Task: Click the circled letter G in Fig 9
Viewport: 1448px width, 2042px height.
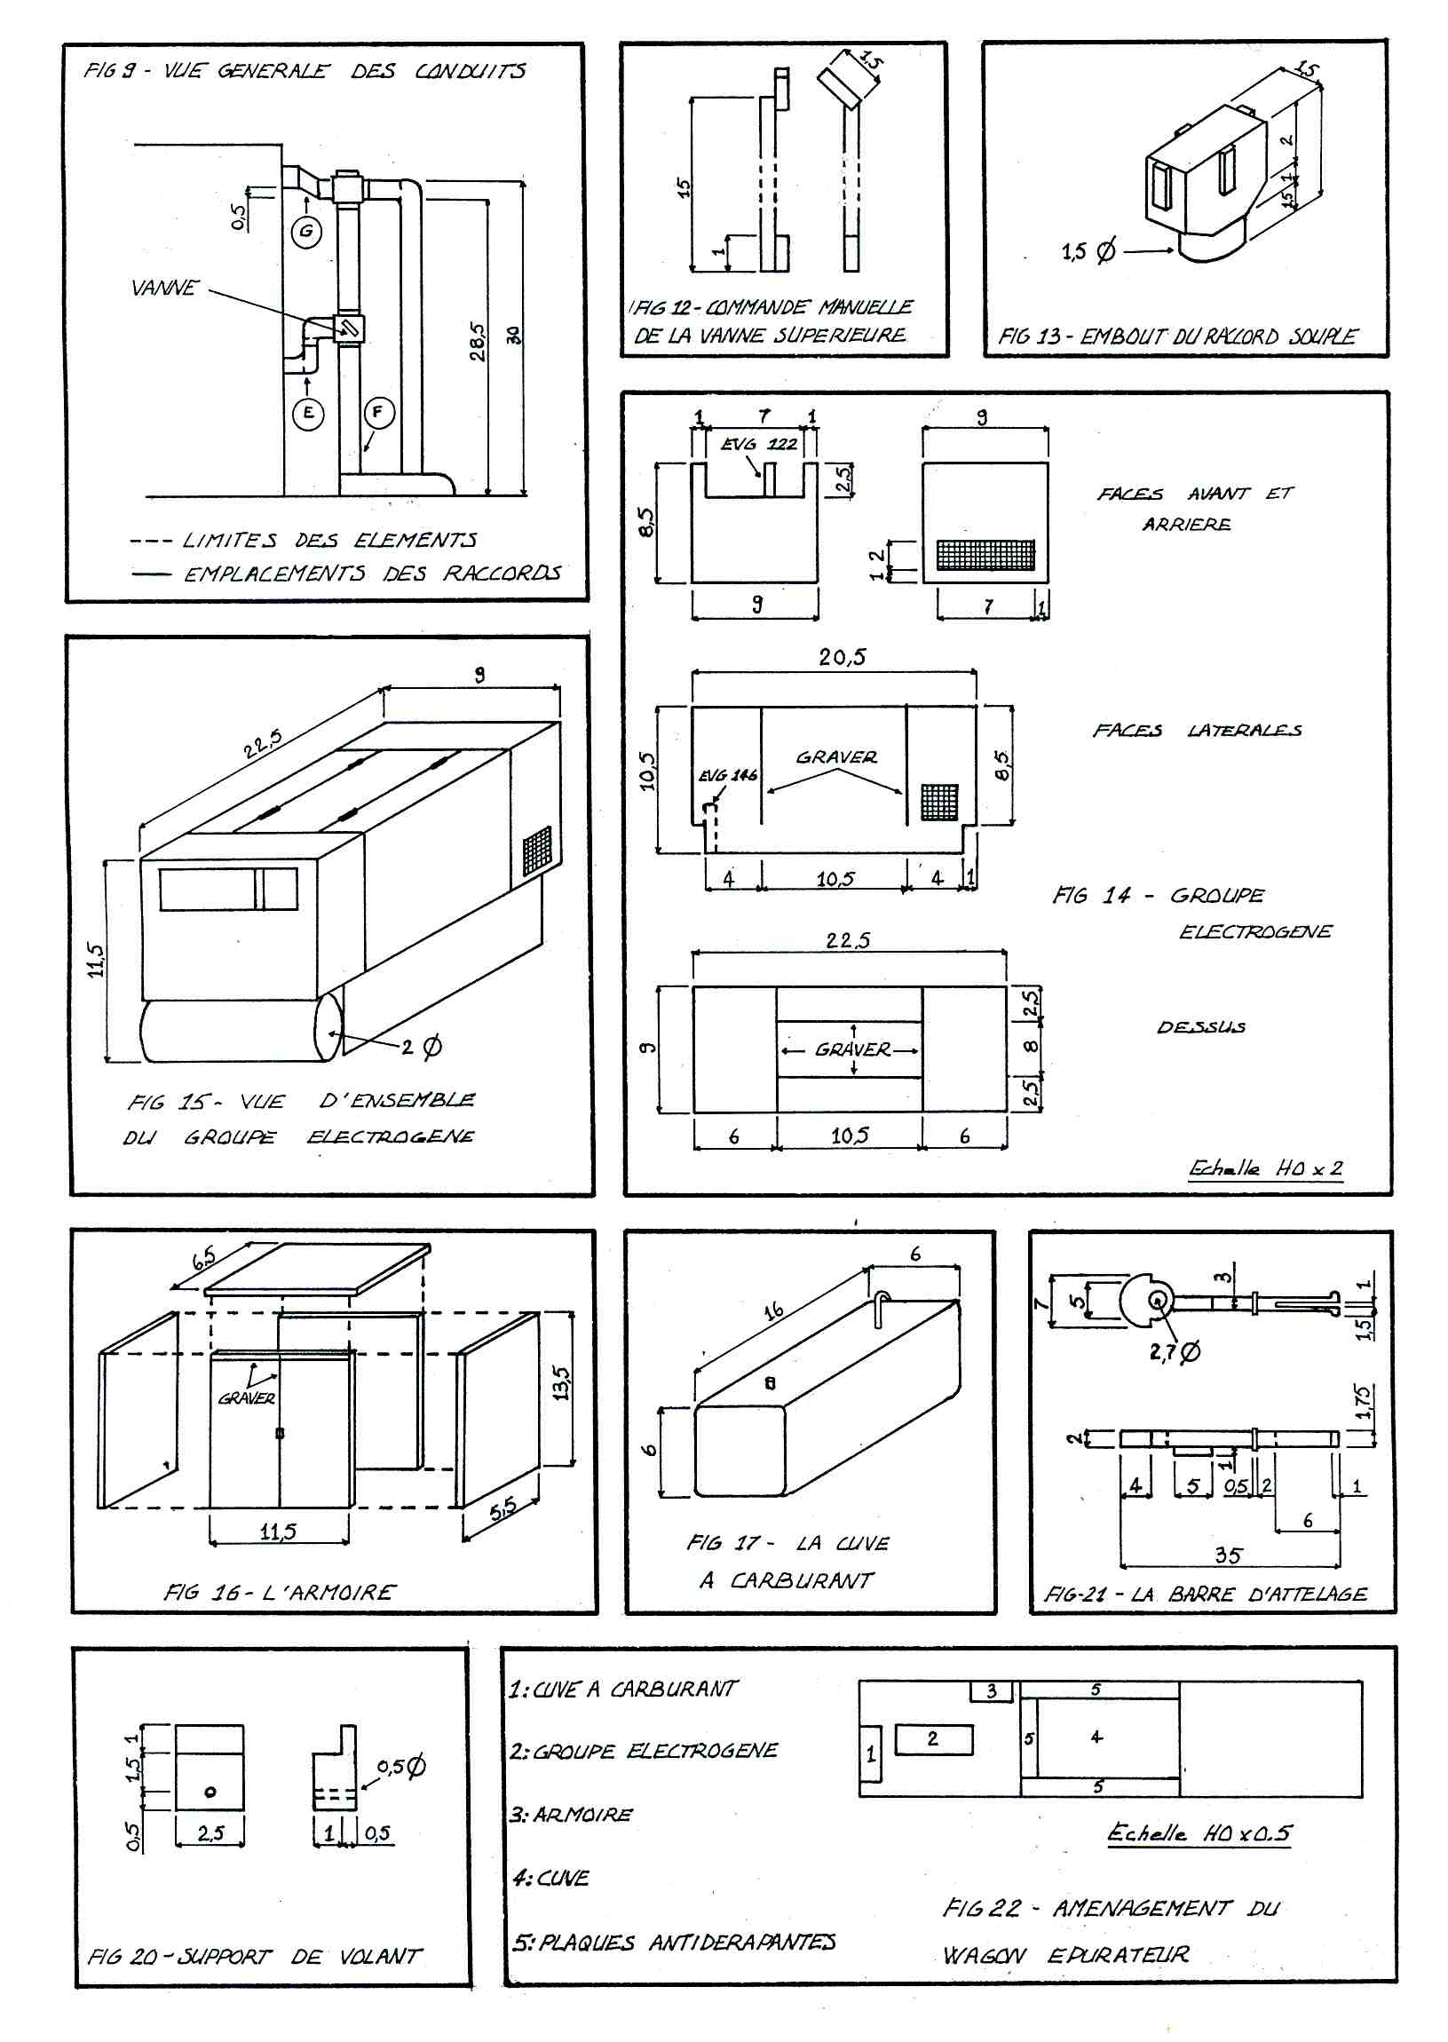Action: [306, 232]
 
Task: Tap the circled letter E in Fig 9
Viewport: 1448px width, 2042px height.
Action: [308, 413]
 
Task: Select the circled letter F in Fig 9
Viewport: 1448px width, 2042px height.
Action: [378, 412]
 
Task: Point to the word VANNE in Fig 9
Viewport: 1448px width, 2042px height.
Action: [164, 288]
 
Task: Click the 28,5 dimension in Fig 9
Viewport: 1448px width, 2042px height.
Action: [478, 342]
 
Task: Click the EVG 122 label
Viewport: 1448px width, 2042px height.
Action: [759, 444]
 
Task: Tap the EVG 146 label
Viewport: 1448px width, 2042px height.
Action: [728, 775]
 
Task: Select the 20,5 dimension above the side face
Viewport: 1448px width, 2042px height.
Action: [842, 658]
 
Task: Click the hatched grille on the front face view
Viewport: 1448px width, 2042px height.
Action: [985, 556]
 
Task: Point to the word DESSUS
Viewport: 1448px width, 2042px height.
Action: [1201, 1027]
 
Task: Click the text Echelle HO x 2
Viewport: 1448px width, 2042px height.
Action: [1265, 1168]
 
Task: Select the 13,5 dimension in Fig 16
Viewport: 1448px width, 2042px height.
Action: [561, 1383]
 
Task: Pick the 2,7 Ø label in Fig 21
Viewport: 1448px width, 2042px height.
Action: [1175, 1352]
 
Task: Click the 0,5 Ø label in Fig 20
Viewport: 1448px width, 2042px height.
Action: [401, 1767]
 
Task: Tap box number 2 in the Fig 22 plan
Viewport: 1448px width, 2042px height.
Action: [934, 1739]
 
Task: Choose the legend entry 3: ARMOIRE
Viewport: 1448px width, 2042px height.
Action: [572, 1815]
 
